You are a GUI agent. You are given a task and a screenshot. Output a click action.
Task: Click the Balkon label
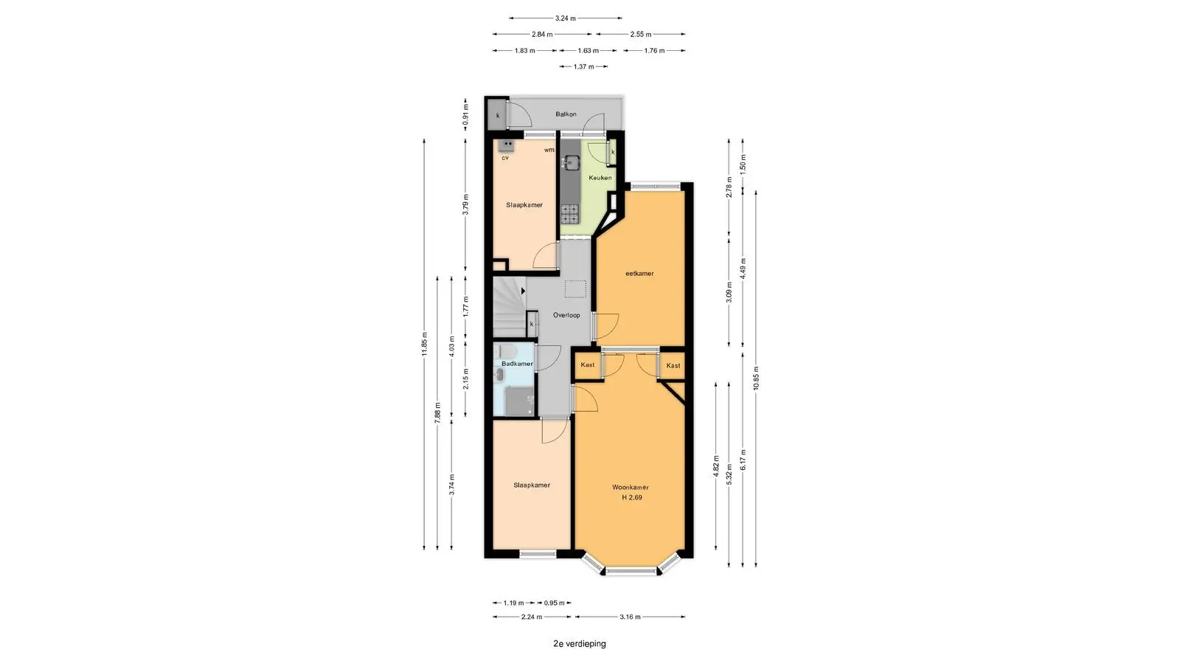(x=566, y=114)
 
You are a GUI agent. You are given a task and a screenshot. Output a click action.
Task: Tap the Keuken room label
(x=600, y=178)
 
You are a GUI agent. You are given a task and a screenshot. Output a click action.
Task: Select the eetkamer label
(x=639, y=274)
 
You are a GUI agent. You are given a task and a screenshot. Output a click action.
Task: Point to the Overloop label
(x=566, y=315)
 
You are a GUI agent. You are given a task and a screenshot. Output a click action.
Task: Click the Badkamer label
(x=517, y=364)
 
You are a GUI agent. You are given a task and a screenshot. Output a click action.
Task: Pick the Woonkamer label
(x=630, y=488)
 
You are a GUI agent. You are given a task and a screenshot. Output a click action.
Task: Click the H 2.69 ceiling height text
(x=631, y=497)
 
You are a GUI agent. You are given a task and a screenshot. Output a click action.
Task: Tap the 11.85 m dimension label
(x=425, y=344)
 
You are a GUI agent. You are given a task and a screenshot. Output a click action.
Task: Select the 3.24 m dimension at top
(x=565, y=18)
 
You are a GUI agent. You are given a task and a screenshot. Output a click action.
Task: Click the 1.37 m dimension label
(x=583, y=66)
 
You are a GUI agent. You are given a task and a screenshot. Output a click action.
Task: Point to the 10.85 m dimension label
(x=756, y=378)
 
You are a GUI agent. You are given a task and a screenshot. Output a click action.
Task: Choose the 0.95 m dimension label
(x=554, y=603)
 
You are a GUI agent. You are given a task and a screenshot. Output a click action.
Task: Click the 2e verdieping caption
(x=580, y=644)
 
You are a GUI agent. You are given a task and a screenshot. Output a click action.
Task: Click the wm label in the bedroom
(x=549, y=151)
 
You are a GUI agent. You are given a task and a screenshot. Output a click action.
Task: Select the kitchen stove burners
(x=569, y=214)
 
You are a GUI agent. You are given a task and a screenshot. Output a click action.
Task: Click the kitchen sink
(x=570, y=162)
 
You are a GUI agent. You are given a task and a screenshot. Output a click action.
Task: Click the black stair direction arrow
(x=523, y=291)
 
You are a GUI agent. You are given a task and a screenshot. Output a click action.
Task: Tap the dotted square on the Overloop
(x=575, y=289)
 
